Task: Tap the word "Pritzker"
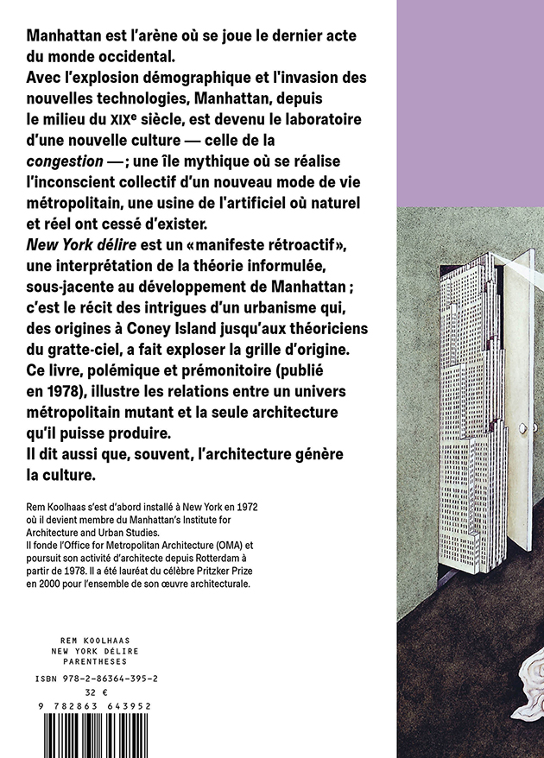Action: coord(222,572)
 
